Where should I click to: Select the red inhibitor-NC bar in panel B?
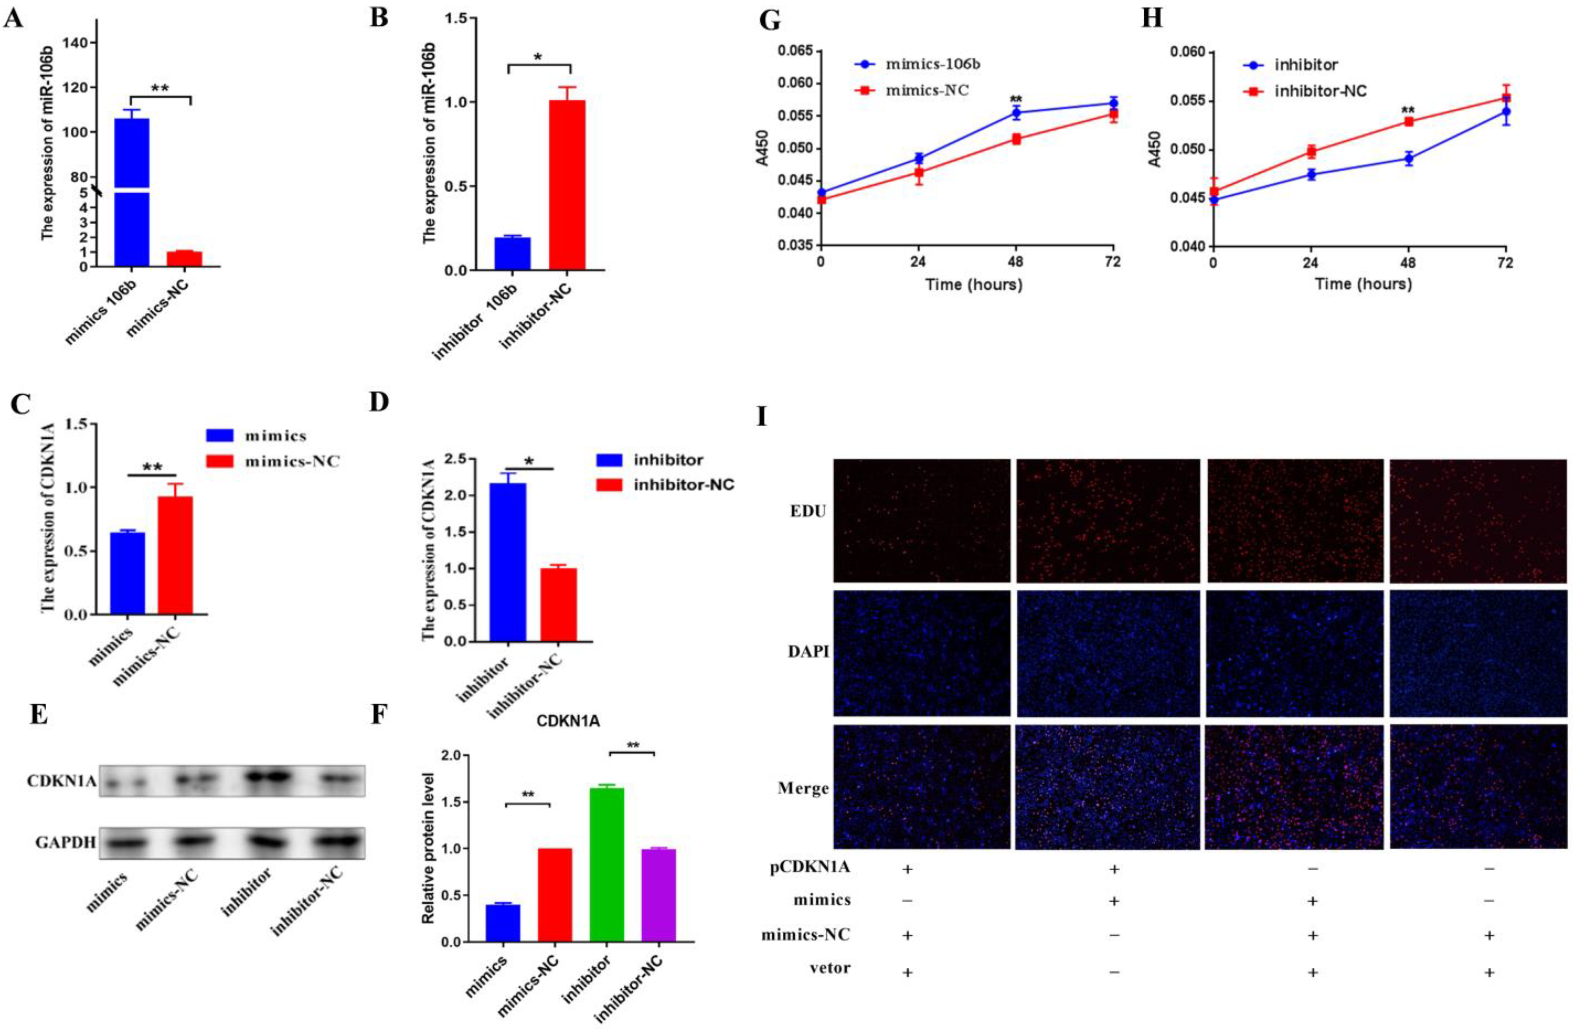click(566, 185)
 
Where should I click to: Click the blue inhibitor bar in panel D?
click(508, 562)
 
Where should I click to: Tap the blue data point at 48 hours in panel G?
click(1016, 113)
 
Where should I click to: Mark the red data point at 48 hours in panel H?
click(1408, 122)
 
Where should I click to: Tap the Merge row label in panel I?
click(803, 788)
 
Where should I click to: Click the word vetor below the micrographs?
click(830, 968)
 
